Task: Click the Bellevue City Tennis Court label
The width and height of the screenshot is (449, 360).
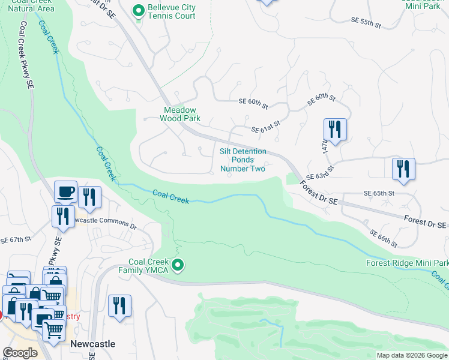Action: (x=172, y=11)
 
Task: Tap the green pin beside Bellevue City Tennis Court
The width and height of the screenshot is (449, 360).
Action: (x=139, y=10)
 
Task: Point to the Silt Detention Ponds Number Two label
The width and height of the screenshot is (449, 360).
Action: (x=243, y=160)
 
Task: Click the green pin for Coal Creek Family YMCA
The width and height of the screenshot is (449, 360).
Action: (x=177, y=265)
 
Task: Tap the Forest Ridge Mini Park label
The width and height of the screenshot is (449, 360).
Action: (x=407, y=263)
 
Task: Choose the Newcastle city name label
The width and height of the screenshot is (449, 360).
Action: (x=92, y=344)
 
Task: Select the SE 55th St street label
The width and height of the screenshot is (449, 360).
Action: (x=366, y=23)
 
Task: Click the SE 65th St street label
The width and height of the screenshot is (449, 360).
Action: (x=379, y=194)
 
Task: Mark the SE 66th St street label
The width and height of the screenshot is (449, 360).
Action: (x=383, y=238)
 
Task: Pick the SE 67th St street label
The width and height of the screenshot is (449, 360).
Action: (x=15, y=239)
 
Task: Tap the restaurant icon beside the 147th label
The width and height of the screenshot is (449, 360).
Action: (x=335, y=130)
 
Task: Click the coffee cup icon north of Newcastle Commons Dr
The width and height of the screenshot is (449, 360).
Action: (x=65, y=192)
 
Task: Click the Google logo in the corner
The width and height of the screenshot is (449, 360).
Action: (x=20, y=353)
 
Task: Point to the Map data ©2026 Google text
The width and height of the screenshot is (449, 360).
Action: (x=412, y=355)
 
